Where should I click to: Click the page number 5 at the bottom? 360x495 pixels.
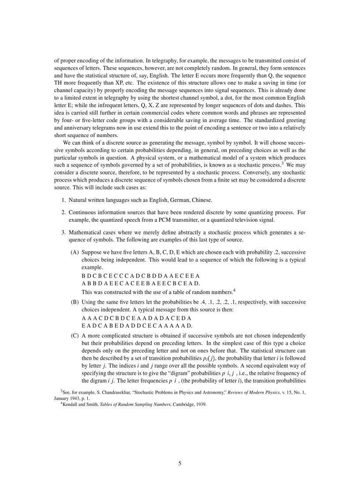tap(180, 463)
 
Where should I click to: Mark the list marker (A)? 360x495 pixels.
tap(75, 253)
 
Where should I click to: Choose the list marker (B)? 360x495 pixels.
tap(75, 302)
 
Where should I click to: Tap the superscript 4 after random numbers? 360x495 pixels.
tap(234, 290)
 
